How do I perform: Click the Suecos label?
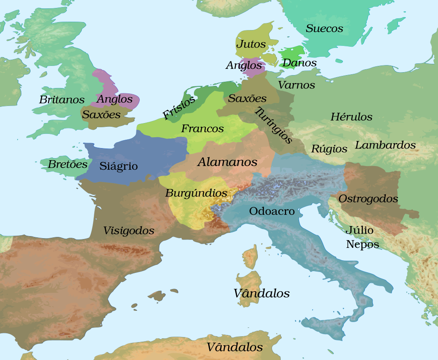tap(324, 29)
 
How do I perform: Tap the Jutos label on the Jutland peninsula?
tap(251, 44)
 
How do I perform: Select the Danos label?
tap(299, 63)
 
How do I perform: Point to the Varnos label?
tap(296, 85)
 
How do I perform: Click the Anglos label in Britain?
tap(114, 99)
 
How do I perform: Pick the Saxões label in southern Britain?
tap(101, 114)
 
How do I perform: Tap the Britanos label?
tap(62, 100)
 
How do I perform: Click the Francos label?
tap(202, 129)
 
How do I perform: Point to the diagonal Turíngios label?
tap(273, 126)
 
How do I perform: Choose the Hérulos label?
tap(351, 117)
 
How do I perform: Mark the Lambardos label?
tap(385, 145)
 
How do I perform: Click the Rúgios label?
tap(329, 149)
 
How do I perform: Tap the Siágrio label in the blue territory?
tap(118, 166)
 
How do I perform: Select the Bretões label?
tap(68, 164)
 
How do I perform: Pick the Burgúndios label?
tap(196, 193)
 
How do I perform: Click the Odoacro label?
tap(272, 211)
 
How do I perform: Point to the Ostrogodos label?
tap(368, 199)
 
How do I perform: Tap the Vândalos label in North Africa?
tap(235, 347)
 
